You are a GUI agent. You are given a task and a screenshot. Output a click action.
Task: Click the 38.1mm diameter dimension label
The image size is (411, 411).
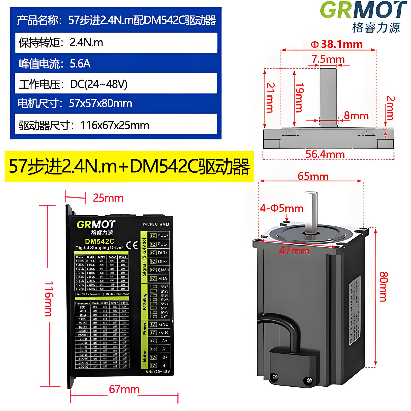point(337,44)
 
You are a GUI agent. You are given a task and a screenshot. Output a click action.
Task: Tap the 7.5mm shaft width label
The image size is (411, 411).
point(328,59)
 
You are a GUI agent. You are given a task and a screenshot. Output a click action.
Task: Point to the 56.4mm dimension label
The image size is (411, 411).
point(325,154)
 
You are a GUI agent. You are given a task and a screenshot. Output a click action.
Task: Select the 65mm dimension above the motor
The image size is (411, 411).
point(313,176)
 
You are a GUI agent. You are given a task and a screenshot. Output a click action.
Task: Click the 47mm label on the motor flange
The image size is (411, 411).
point(294,250)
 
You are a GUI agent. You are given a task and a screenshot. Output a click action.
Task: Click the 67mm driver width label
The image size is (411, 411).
point(124,389)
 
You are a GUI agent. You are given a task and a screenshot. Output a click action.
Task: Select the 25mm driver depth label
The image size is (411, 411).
point(108,198)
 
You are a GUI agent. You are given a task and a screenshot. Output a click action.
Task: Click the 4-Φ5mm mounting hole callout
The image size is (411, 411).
point(282,208)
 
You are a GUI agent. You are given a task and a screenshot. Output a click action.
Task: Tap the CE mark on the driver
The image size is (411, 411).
point(132,245)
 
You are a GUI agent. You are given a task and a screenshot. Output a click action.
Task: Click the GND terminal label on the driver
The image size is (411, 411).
point(164,324)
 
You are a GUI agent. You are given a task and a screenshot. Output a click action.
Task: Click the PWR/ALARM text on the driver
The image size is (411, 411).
point(156,225)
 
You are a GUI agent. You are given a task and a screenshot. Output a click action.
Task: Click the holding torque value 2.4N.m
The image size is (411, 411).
point(86,43)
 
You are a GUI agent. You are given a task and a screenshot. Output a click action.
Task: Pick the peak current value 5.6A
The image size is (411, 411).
point(80,63)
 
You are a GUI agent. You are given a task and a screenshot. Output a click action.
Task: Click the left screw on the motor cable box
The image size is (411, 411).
point(275,377)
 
